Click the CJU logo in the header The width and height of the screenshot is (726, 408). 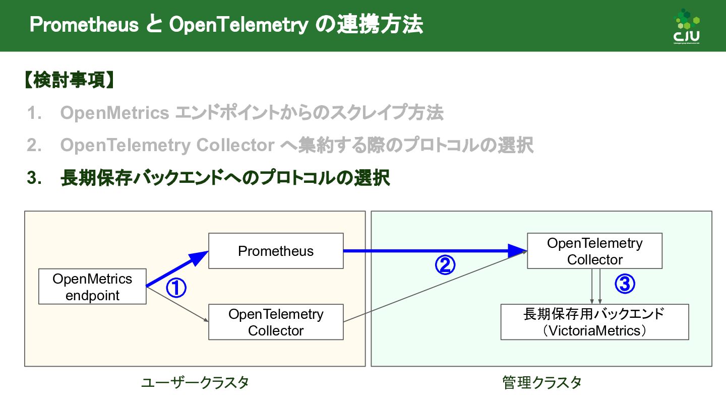click(687, 27)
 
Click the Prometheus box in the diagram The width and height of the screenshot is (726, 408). click(276, 251)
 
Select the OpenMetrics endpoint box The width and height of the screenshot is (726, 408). click(92, 287)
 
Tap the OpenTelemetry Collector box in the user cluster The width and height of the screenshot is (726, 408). click(276, 322)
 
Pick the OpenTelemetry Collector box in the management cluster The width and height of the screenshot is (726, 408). click(594, 251)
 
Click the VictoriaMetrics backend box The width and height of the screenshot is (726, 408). click(594, 322)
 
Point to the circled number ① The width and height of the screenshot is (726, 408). click(176, 288)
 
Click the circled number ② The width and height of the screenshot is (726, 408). click(445, 265)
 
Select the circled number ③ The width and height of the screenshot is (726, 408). click(625, 285)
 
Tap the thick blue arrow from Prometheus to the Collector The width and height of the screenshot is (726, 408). click(434, 250)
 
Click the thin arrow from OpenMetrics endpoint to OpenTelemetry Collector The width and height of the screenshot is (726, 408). click(176, 304)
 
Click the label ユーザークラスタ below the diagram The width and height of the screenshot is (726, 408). click(195, 383)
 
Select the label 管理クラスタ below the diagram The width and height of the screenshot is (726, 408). click(542, 383)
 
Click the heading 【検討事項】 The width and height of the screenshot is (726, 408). click(68, 81)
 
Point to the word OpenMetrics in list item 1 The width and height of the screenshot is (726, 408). click(114, 113)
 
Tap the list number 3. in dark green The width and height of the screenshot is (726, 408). click(34, 178)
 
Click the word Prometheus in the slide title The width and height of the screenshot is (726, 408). click(84, 25)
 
